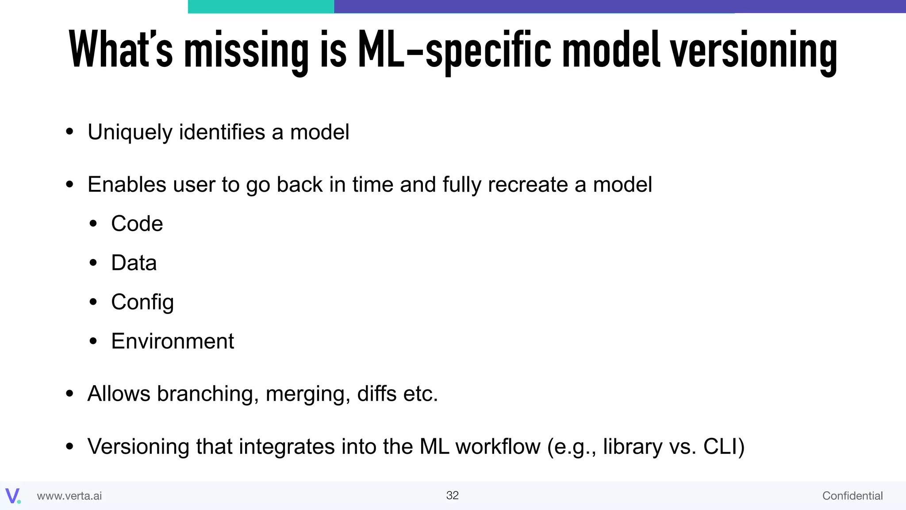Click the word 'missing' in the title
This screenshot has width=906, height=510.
point(246,50)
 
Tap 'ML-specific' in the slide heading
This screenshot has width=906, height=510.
point(454,50)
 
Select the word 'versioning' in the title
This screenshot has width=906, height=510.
point(753,50)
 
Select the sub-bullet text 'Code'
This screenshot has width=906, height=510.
point(137,224)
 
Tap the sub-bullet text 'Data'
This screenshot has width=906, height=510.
point(134,263)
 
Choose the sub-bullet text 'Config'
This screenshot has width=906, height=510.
point(142,302)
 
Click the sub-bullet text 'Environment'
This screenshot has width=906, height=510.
point(173,341)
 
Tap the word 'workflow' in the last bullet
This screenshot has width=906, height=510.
point(498,446)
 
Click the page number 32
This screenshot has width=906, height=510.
point(453,495)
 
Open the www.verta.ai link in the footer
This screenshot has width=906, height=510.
point(69,496)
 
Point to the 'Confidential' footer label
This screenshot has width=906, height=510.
point(852,496)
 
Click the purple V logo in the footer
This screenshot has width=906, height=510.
point(12,496)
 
